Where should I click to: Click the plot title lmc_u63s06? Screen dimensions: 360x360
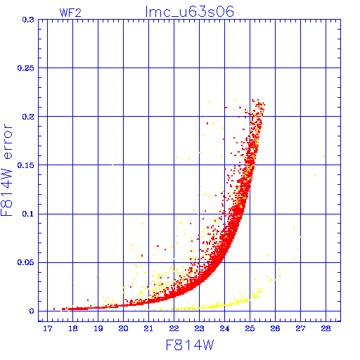tap(190, 11)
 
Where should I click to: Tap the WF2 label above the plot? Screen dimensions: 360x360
tap(70, 13)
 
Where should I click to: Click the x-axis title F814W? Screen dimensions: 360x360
tap(190, 345)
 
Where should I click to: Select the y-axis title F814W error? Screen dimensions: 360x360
tap(6, 170)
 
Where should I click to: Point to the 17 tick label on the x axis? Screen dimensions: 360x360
tap(48, 328)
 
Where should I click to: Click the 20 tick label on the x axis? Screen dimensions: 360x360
tap(123, 328)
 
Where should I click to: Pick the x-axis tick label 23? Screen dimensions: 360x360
tap(199, 328)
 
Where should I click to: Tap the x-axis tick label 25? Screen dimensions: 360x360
tap(250, 328)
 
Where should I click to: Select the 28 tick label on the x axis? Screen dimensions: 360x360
tap(326, 328)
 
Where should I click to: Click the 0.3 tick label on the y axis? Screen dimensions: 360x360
tap(28, 20)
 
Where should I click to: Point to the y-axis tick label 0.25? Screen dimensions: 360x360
tap(26, 68)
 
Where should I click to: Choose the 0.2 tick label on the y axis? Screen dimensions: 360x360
tap(28, 117)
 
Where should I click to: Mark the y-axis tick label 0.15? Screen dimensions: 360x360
tap(26, 165)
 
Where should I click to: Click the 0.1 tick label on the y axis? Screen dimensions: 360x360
tap(28, 214)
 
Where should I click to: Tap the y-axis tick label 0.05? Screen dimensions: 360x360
tap(26, 262)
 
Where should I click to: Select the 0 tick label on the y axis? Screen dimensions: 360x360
tap(32, 311)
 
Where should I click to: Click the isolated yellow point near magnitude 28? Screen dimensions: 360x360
tap(324, 156)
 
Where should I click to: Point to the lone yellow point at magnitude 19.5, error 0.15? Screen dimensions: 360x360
tap(112, 165)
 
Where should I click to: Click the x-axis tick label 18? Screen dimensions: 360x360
tap(73, 328)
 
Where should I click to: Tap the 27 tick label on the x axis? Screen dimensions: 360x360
tap(300, 328)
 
